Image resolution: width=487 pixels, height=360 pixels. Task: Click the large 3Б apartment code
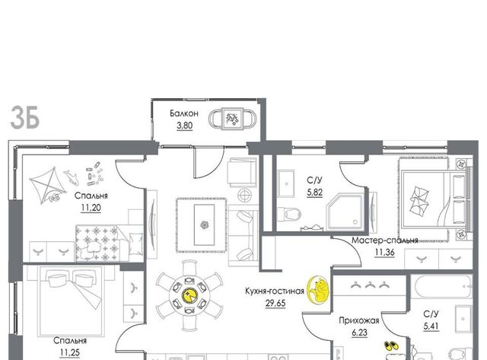click(x=25, y=117)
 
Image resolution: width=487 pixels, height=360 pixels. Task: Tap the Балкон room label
click(x=184, y=113)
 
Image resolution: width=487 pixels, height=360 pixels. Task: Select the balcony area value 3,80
click(x=184, y=126)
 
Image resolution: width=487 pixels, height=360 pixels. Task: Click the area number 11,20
click(x=91, y=208)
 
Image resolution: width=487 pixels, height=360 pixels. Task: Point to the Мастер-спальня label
click(x=384, y=240)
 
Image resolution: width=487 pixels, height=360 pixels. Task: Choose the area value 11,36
click(x=384, y=253)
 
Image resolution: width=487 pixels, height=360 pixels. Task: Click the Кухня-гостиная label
click(x=274, y=291)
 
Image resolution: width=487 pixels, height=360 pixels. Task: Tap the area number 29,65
click(x=275, y=303)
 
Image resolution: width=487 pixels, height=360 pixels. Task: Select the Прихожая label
click(x=358, y=320)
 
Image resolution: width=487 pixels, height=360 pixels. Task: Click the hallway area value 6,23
click(x=359, y=333)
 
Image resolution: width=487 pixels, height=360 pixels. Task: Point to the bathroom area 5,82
click(x=314, y=193)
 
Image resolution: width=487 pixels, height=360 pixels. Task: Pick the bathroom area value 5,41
click(x=431, y=327)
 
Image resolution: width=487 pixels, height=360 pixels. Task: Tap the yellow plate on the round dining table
click(x=189, y=295)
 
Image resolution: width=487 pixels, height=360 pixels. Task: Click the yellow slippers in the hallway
click(x=392, y=346)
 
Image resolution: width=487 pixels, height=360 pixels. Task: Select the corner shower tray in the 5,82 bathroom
click(x=345, y=212)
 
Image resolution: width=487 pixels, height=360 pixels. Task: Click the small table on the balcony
click(x=232, y=118)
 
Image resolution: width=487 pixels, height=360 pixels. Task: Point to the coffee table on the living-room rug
click(x=204, y=225)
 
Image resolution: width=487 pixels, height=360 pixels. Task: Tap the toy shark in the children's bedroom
click(x=71, y=177)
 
